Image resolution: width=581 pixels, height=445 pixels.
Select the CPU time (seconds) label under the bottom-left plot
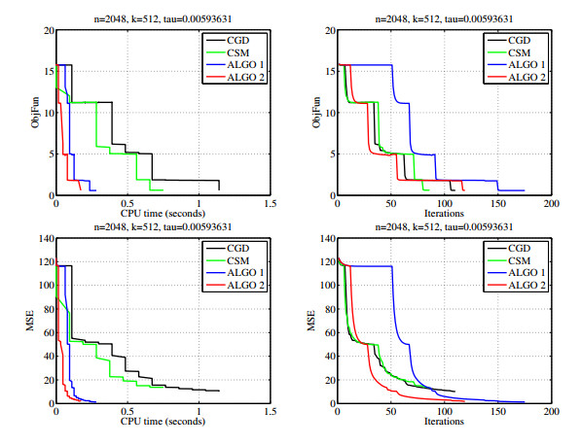tap(163, 422)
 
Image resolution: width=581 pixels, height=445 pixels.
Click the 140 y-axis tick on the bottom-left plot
tap(43, 238)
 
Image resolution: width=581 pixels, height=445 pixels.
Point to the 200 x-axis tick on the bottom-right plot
tap(551, 413)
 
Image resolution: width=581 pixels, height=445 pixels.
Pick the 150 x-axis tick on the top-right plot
tap(497, 205)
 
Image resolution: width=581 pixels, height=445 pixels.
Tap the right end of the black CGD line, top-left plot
tap(219, 189)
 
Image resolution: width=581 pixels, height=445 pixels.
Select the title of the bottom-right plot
tap(443, 227)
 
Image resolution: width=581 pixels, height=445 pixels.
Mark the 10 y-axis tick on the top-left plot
tap(46, 112)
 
